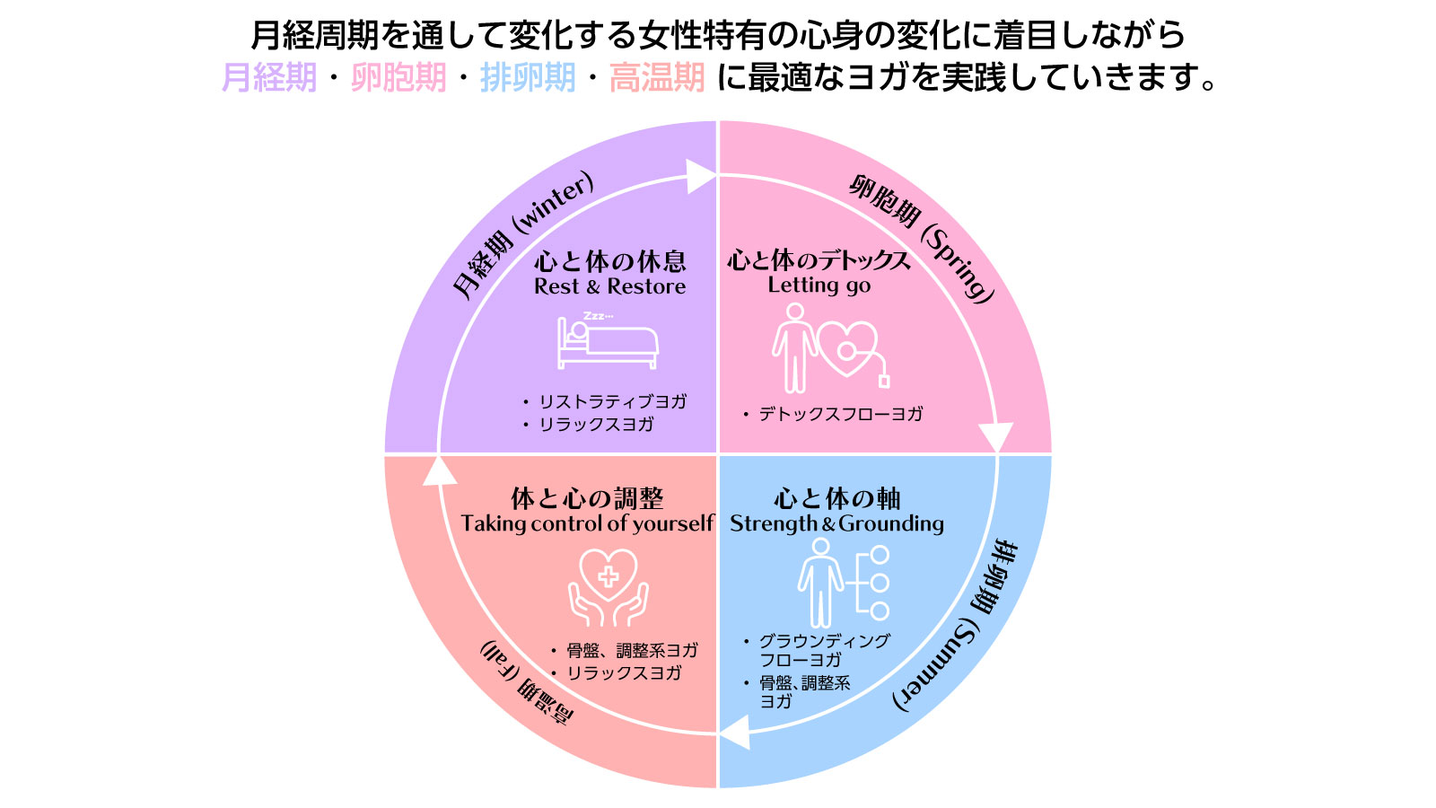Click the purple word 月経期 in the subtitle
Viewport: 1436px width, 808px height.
click(269, 78)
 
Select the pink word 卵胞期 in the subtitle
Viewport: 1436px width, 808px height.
click(398, 78)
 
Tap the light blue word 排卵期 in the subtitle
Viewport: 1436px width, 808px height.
click(528, 78)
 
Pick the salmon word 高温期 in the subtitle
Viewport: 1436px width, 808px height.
click(657, 78)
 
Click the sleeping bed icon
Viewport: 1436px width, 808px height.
click(608, 343)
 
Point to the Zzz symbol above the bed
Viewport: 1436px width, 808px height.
click(598, 316)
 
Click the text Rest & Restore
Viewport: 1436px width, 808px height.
click(609, 287)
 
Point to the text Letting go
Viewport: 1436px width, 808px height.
click(819, 285)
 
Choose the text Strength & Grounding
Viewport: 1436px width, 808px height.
click(836, 523)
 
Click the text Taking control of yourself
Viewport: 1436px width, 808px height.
click(587, 523)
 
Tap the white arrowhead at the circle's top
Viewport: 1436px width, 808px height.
click(701, 176)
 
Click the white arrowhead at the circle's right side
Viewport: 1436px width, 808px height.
click(995, 437)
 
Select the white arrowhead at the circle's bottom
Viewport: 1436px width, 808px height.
click(735, 733)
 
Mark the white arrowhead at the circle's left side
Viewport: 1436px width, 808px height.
click(440, 471)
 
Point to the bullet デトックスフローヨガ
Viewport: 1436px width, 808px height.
click(840, 414)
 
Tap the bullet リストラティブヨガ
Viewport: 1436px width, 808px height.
click(612, 401)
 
